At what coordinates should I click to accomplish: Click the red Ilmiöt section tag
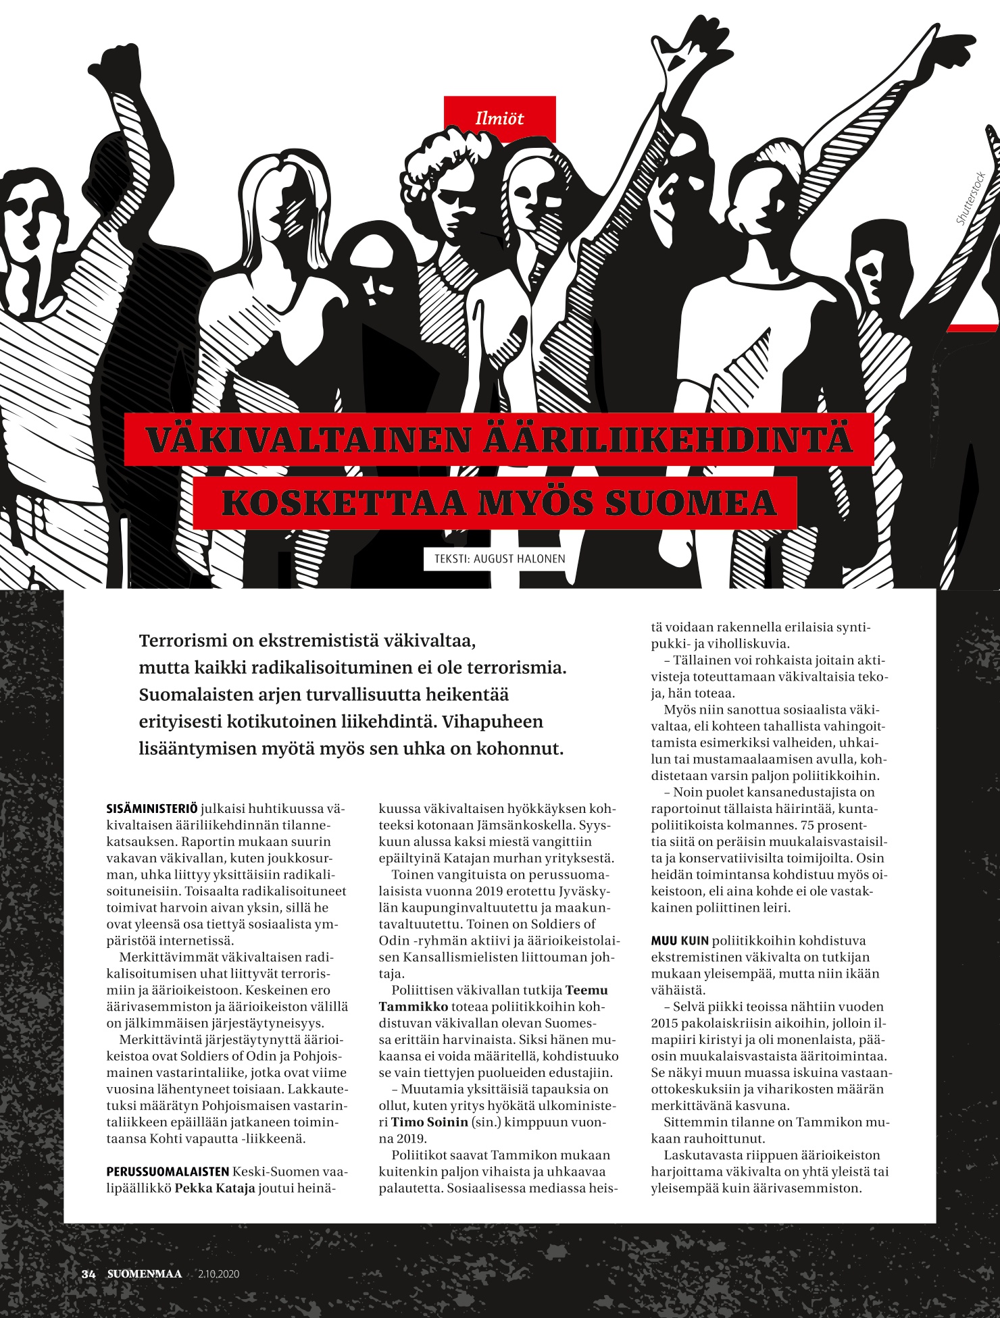(x=499, y=119)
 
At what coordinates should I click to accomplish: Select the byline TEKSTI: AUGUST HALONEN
(x=495, y=559)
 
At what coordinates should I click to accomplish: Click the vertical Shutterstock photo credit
(x=971, y=199)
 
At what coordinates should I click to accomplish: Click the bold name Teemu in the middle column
(x=586, y=991)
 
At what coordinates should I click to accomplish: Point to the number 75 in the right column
(x=807, y=825)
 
